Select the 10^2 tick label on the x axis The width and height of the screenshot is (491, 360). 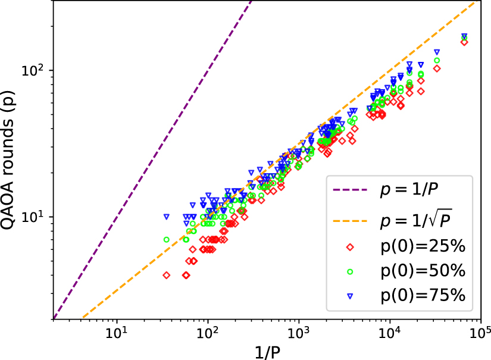(207, 331)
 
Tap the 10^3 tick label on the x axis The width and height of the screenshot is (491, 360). (298, 331)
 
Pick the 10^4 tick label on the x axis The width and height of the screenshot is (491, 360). (389, 331)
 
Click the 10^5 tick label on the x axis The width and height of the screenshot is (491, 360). (480, 331)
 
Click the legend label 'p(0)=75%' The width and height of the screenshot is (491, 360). (423, 296)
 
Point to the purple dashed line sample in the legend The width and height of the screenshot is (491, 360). (351, 192)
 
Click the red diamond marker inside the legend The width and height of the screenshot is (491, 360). (351, 246)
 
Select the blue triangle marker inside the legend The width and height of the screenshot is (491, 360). (351, 296)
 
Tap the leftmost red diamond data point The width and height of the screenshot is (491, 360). (167, 275)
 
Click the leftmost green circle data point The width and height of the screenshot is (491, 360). (167, 240)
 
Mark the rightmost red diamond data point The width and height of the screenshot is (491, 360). (464, 42)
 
